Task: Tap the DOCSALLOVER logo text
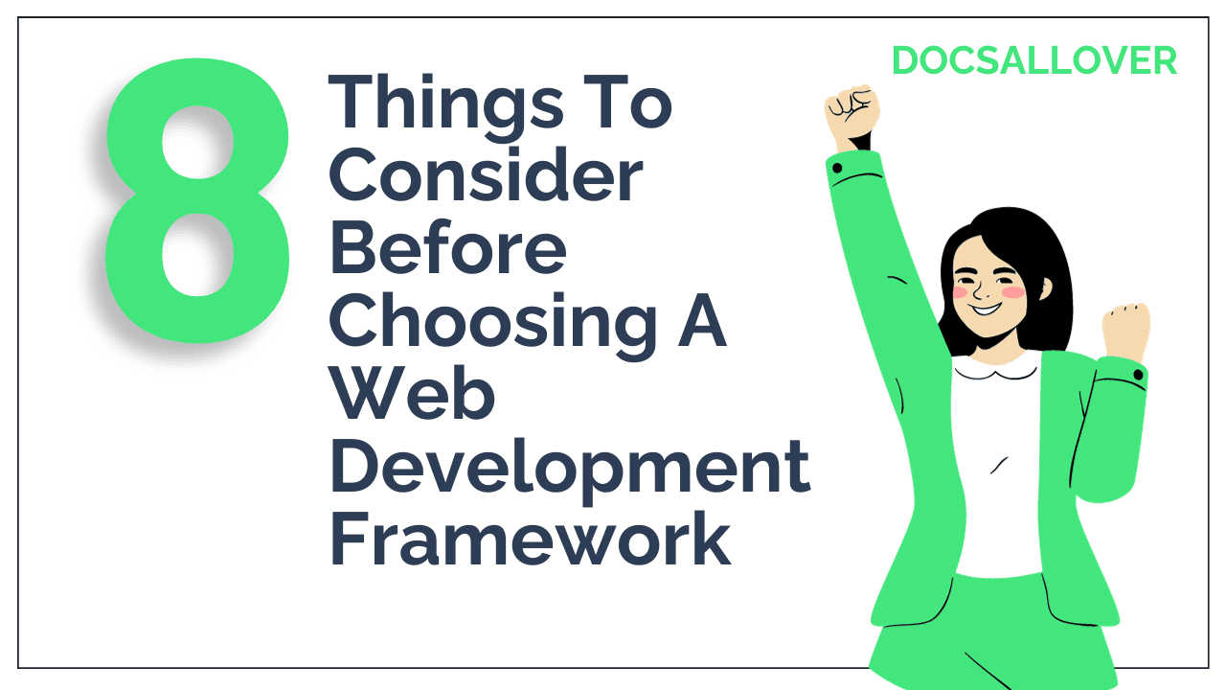1033,61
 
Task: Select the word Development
570,469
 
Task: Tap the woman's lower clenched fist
1124,331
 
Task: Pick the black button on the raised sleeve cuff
837,169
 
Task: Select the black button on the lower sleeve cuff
1137,374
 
